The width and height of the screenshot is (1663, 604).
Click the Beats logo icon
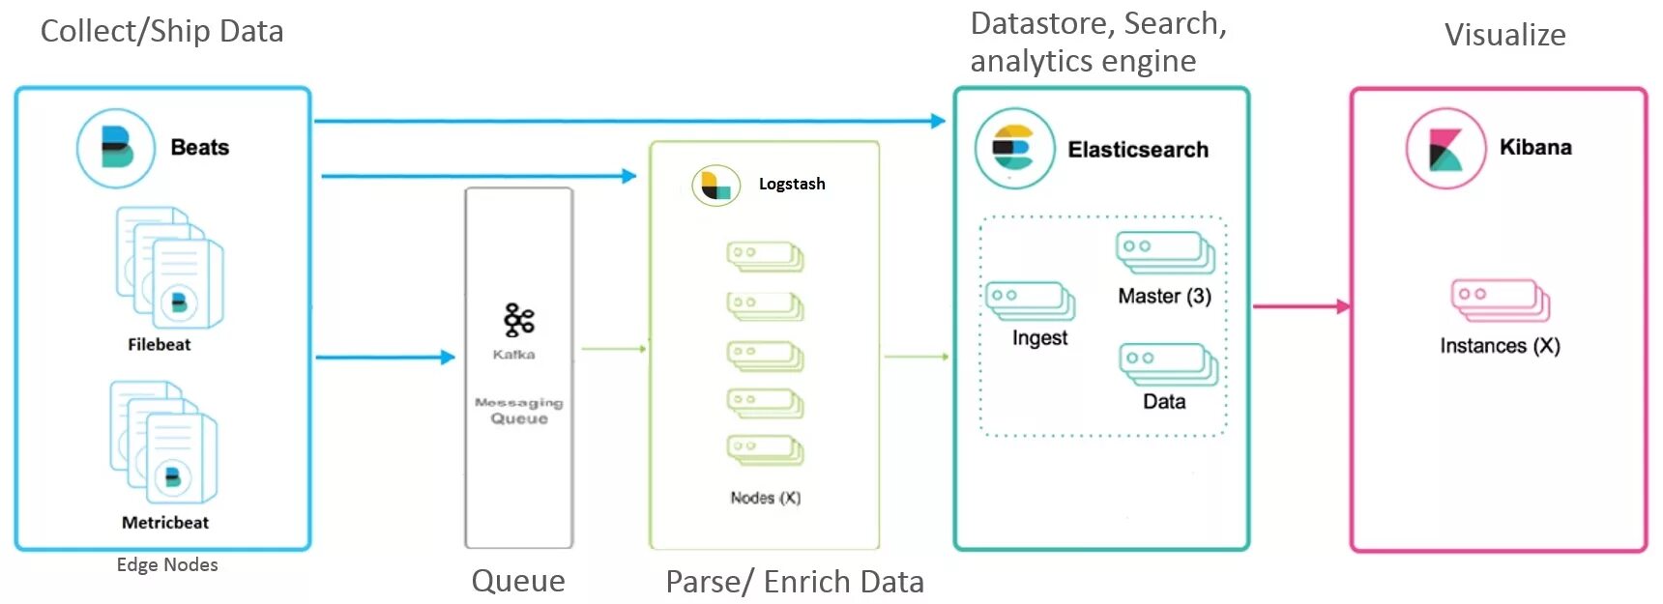point(116,148)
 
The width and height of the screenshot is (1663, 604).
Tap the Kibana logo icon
point(1445,149)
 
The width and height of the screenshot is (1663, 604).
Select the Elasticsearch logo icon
point(1014,149)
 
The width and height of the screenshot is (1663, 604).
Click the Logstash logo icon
point(715,185)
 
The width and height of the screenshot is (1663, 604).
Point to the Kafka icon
point(518,320)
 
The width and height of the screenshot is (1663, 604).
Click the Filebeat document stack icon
point(170,267)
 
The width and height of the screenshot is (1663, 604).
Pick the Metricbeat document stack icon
point(163,442)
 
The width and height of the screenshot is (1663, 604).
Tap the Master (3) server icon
point(1166,252)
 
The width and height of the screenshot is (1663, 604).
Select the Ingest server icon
point(1031,301)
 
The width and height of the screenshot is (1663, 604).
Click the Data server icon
point(1168,364)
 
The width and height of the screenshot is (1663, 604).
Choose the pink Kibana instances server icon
point(1501,300)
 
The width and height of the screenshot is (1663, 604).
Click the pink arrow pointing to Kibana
point(1301,306)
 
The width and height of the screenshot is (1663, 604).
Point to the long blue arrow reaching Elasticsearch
point(629,121)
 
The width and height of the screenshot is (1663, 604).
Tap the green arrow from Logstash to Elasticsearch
point(916,357)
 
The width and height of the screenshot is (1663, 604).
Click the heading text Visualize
point(1504,35)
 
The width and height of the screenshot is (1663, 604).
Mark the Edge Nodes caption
point(167,564)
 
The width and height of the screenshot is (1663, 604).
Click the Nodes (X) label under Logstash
point(765,498)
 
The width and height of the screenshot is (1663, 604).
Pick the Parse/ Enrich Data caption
point(795,581)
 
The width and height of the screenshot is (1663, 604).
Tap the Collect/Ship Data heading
point(161,31)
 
